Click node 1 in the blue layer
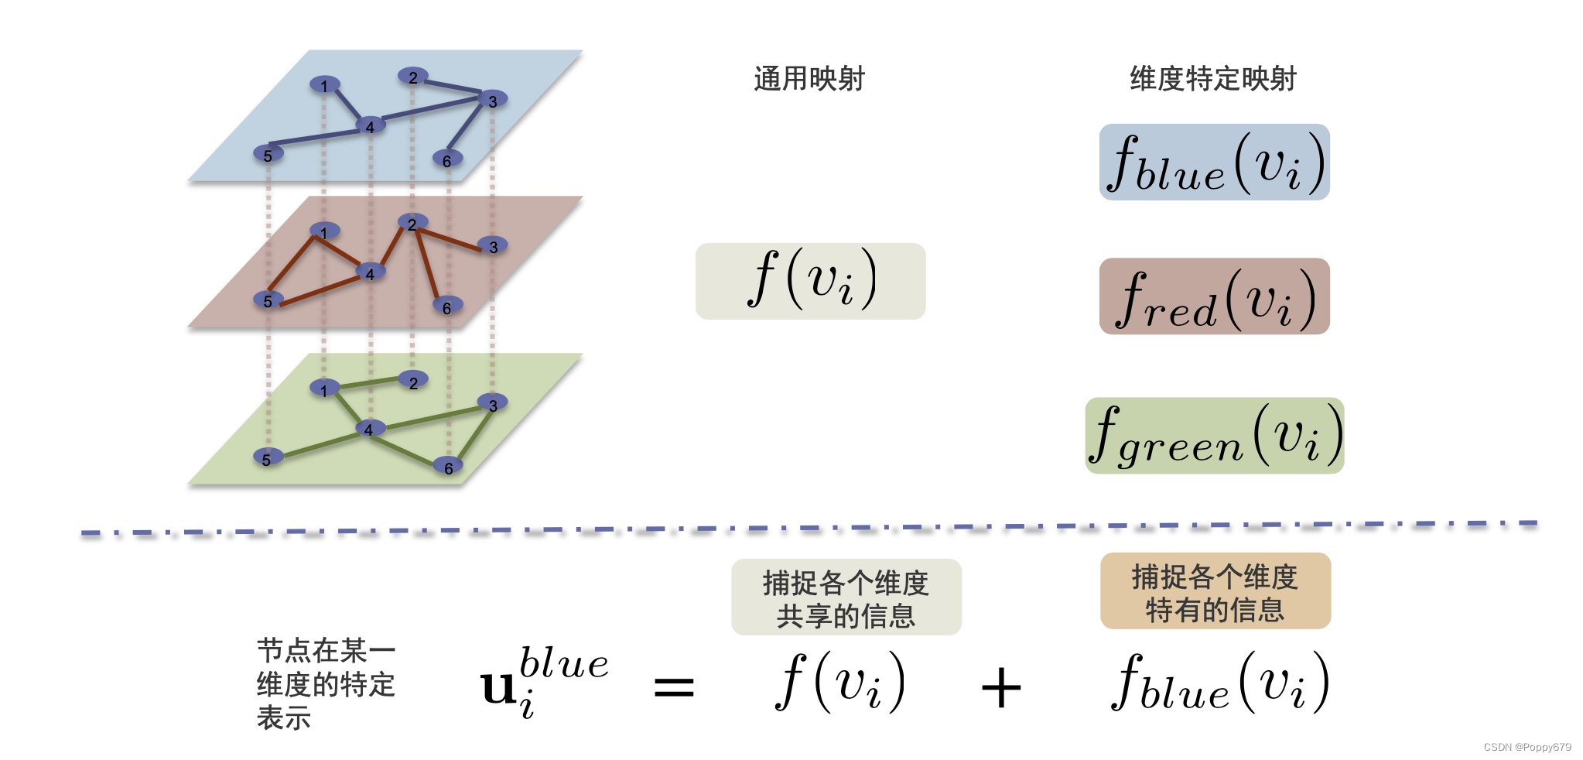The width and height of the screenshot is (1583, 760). [x=324, y=84]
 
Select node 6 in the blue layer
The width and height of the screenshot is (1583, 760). [x=447, y=159]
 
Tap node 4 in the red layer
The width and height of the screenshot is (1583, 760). [x=370, y=272]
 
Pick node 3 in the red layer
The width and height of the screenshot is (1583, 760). [x=493, y=246]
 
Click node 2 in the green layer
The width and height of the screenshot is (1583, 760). [x=413, y=382]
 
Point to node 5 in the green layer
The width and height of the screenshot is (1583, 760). [x=268, y=458]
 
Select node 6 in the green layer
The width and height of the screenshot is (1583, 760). [x=448, y=467]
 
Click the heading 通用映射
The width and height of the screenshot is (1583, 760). [x=809, y=79]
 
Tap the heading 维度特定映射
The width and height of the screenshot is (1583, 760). [x=1212, y=79]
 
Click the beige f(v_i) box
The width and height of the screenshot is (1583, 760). [x=810, y=281]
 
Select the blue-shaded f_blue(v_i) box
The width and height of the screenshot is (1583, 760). [x=1214, y=163]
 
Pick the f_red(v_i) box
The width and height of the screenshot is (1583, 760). [x=1214, y=296]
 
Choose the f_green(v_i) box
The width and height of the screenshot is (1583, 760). [x=1214, y=436]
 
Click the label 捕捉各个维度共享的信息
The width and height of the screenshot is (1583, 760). [x=846, y=598]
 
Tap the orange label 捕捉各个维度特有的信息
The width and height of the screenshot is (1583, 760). [x=1215, y=592]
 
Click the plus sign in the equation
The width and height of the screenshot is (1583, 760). [x=1000, y=687]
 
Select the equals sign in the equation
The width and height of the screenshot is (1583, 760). [x=673, y=687]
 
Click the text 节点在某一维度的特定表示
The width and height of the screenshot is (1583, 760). [x=326, y=684]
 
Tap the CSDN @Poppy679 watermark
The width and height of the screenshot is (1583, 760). [x=1527, y=747]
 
